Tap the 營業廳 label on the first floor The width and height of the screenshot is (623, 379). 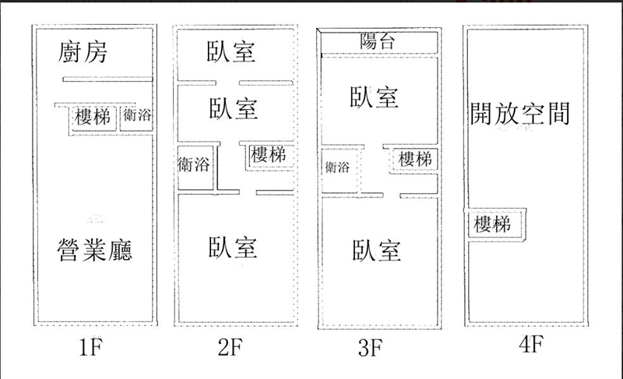(x=94, y=251)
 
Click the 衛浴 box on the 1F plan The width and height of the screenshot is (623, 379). (x=137, y=117)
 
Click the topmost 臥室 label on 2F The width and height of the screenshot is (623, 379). (x=232, y=52)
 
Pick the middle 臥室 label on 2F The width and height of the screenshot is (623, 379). (x=232, y=108)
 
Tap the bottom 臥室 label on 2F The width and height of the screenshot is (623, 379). (x=232, y=248)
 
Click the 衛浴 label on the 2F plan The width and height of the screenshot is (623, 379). (x=194, y=166)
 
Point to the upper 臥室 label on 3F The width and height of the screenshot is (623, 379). (x=375, y=97)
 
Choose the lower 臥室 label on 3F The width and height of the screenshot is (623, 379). (x=376, y=251)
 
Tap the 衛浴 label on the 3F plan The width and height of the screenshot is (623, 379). (x=336, y=167)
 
